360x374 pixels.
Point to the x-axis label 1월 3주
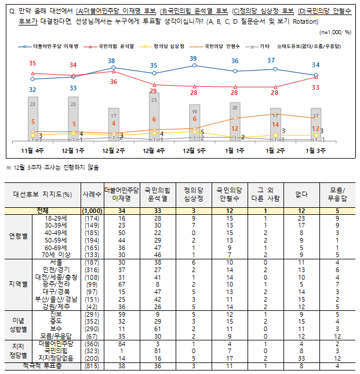point(316,150)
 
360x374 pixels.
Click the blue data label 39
point(194,58)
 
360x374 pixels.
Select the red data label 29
point(153,91)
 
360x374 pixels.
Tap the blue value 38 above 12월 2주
point(112,61)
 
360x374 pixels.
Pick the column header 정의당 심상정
point(194,194)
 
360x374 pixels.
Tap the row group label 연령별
point(19,236)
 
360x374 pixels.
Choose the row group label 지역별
point(19,284)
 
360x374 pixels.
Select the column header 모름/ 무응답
point(337,194)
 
